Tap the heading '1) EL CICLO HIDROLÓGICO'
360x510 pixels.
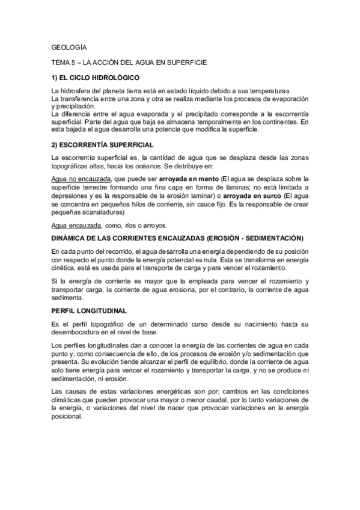point(96,78)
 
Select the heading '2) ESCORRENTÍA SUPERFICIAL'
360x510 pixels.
point(102,145)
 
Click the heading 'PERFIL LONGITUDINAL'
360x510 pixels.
point(89,310)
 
